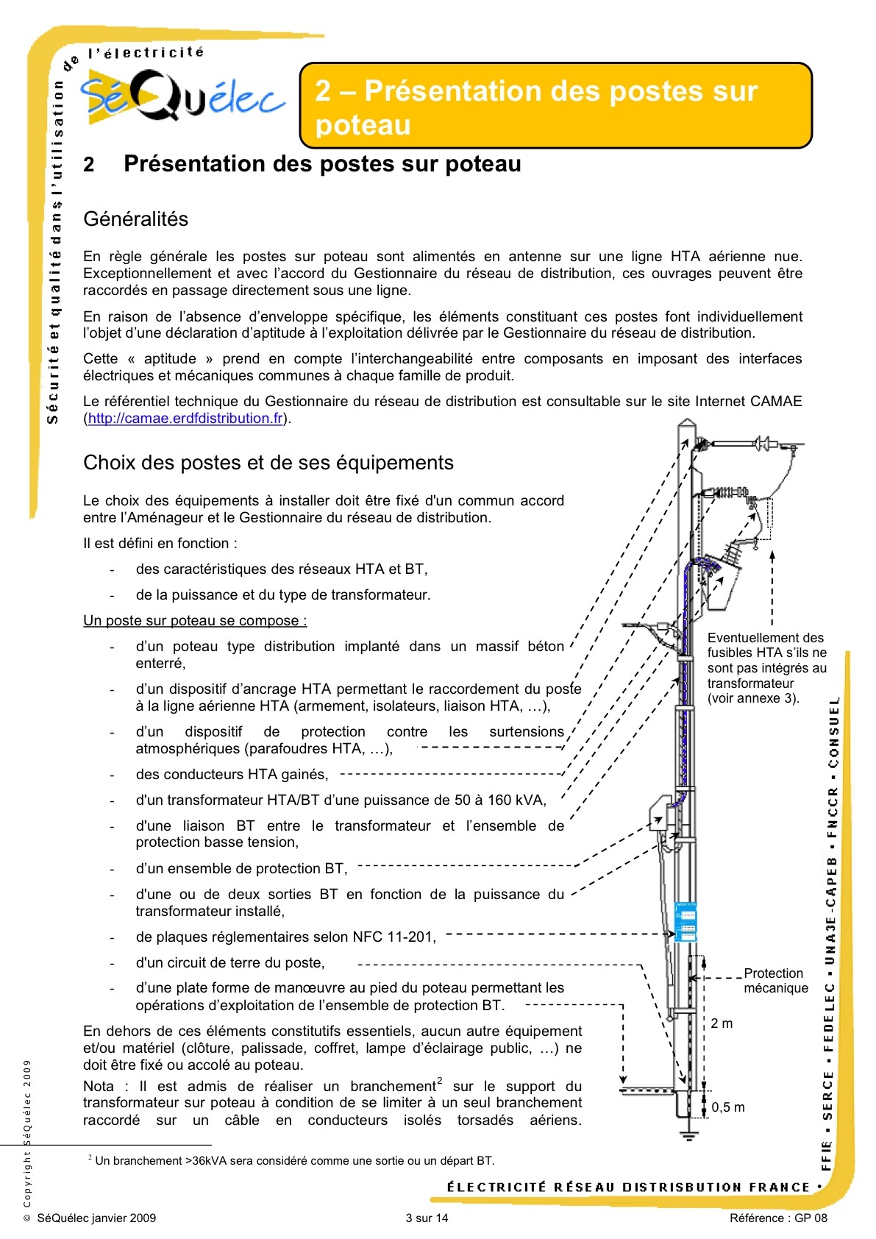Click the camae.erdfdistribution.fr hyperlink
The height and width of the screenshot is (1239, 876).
[185, 419]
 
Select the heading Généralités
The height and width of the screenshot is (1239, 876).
[135, 219]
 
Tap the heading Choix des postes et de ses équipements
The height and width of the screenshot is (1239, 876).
[268, 463]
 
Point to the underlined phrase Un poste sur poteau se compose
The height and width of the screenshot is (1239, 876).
[194, 621]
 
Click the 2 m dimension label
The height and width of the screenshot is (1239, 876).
[722, 1023]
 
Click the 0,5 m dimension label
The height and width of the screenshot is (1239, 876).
[727, 1107]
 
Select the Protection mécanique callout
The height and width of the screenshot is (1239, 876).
[775, 981]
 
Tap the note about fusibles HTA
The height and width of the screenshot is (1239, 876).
[766, 668]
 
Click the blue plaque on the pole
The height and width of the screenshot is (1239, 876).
[685, 922]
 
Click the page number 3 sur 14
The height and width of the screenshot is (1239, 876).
[427, 1218]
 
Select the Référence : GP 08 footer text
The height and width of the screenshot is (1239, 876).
[778, 1218]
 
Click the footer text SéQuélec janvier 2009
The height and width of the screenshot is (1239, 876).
[96, 1218]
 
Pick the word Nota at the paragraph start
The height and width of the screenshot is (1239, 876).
[99, 1087]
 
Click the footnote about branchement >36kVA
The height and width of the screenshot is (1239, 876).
[294, 1161]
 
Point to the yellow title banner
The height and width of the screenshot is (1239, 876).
[555, 106]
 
